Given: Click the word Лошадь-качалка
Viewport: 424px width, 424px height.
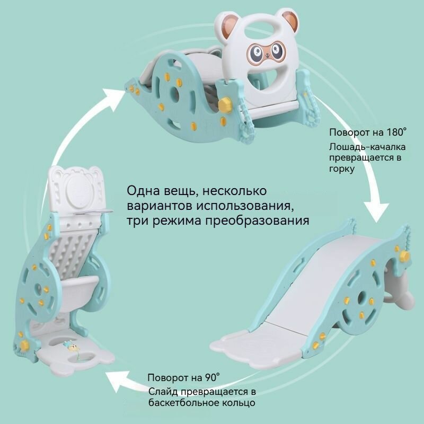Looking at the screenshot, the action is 367,147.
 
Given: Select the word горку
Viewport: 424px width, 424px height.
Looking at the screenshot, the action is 341,169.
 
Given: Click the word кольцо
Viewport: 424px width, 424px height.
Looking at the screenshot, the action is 238,403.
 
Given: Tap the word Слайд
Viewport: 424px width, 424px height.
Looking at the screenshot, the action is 163,391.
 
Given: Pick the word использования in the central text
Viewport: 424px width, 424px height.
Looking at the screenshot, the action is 245,206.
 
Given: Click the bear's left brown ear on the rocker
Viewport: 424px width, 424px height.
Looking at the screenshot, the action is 229,22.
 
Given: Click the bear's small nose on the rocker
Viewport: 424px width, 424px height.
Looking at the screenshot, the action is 267,56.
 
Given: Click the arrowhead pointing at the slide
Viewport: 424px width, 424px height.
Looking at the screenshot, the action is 377,211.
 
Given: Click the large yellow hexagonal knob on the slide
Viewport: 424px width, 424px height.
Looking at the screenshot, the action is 404,256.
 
